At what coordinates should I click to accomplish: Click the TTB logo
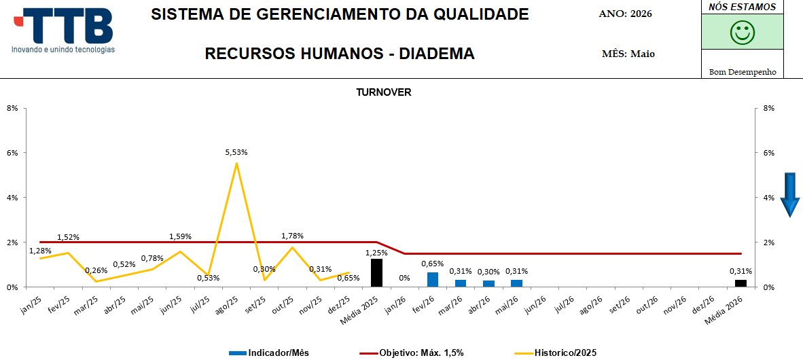63,30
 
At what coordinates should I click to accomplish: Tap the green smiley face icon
742,32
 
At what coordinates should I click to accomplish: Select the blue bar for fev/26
433,280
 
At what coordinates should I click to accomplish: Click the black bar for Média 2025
376,273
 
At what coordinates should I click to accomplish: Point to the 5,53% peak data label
236,152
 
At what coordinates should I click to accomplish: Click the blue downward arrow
790,194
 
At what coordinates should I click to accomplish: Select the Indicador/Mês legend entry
270,353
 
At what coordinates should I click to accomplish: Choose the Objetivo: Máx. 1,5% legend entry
412,353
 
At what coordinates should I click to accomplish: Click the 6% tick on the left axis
12,153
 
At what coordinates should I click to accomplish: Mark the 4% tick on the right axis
768,197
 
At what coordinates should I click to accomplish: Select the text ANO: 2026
625,14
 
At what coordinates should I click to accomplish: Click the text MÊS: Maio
628,54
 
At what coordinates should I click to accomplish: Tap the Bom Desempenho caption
742,72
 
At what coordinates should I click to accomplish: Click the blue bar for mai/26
517,283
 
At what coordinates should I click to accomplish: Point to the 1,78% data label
292,236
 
